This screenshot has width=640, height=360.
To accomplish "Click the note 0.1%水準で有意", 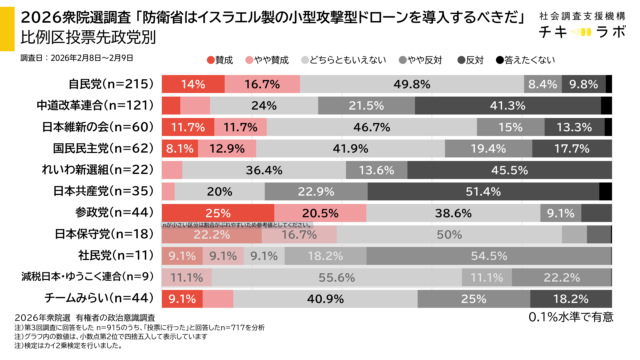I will (570, 318).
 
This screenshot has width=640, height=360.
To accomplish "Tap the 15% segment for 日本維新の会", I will (510, 127).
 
